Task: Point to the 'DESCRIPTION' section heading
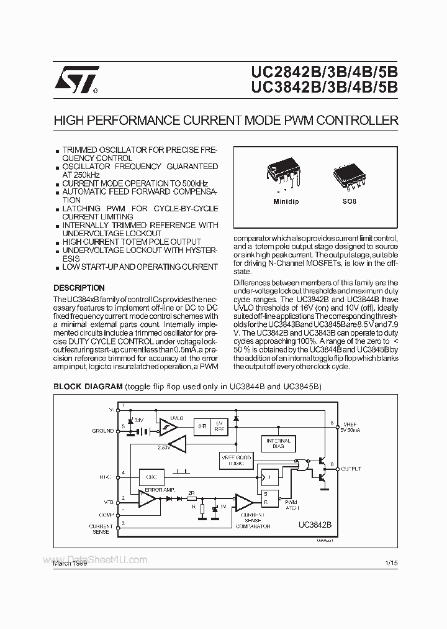click(x=79, y=288)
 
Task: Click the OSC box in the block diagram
click(x=151, y=477)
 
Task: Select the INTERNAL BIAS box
click(x=279, y=444)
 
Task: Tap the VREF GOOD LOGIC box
click(x=237, y=461)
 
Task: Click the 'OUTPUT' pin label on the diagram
click(x=351, y=469)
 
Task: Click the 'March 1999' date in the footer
click(x=70, y=563)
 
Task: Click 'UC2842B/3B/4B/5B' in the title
click(x=325, y=73)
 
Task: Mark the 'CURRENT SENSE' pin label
click(x=100, y=529)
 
